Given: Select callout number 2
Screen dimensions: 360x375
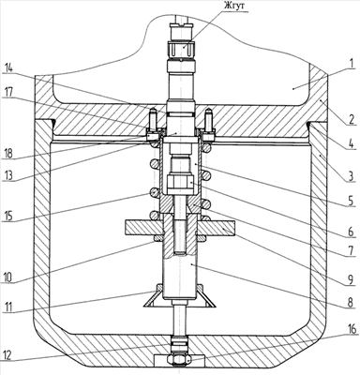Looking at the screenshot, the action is coord(352,119).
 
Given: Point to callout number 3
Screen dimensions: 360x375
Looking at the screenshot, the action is coord(352,144).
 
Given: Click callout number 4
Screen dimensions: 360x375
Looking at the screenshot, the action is coord(351,176).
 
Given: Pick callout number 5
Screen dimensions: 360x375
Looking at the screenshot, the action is coord(351,201).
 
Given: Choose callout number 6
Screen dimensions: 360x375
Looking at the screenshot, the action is coord(351,232).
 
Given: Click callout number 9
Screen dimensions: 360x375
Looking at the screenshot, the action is coord(351,279).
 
